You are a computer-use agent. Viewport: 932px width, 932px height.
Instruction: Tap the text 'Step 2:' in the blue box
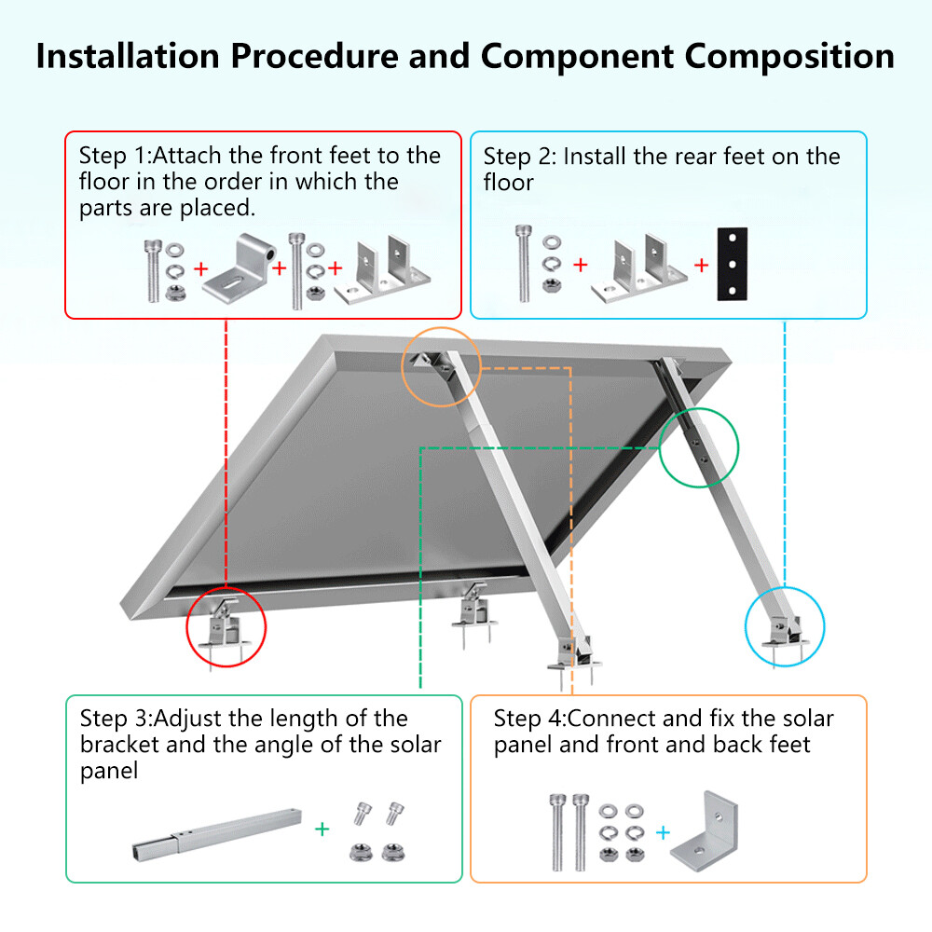pos(519,157)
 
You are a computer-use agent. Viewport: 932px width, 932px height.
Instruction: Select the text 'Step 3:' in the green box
pos(116,719)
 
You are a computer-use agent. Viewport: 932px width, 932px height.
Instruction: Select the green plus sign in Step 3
pos(322,829)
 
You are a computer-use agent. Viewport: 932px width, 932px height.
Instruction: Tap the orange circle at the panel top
pos(441,367)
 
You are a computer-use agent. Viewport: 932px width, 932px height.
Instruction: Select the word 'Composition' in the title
pos(789,57)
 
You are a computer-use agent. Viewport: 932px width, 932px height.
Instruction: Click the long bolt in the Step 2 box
pos(524,264)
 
